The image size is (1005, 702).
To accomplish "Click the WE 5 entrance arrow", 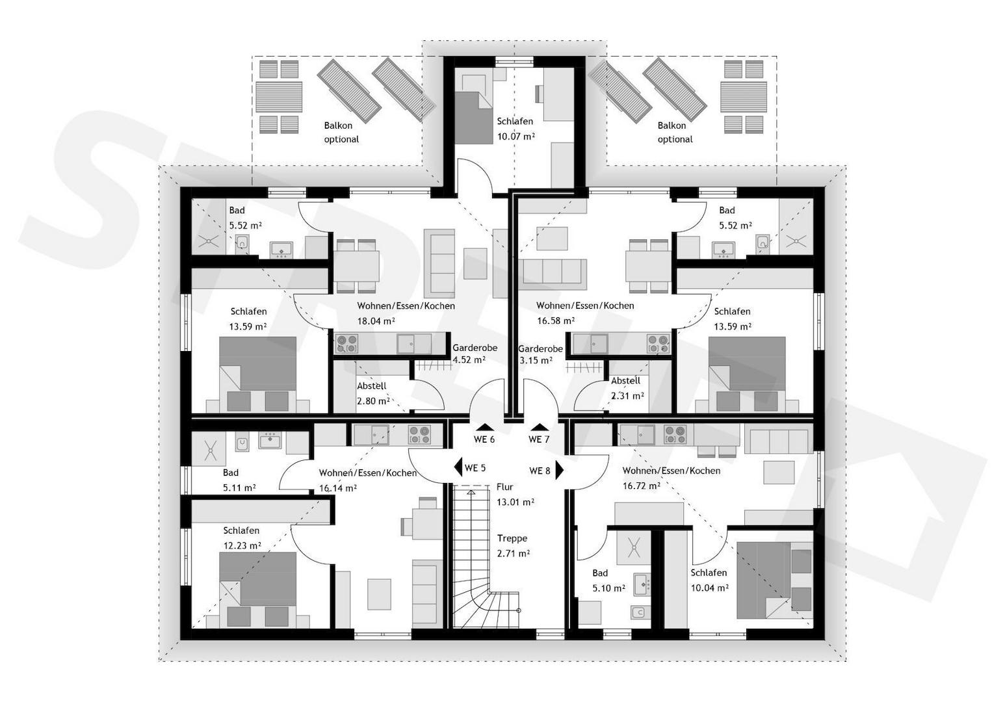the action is [458, 467].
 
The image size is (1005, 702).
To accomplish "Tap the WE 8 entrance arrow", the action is [560, 470].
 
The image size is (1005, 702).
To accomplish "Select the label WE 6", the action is [484, 439].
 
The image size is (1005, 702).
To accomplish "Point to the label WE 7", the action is [539, 439].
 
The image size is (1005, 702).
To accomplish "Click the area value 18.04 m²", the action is [376, 321].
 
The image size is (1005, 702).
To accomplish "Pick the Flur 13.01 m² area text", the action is [515, 495].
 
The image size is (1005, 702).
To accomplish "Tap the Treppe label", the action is [512, 538].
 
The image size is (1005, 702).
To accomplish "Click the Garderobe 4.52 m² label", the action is [475, 354].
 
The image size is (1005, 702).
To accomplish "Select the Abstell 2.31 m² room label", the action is [627, 389].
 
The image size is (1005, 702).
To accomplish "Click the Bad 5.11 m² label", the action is [239, 480].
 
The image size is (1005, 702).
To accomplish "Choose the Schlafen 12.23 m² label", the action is [242, 538].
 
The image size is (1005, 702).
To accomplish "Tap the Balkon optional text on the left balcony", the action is [341, 133].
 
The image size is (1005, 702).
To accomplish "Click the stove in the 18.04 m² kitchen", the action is [346, 344].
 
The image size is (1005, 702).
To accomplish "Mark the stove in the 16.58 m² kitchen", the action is [658, 344].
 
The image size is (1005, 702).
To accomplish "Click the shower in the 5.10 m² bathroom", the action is [634, 548].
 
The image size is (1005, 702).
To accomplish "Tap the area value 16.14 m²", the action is [338, 488].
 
